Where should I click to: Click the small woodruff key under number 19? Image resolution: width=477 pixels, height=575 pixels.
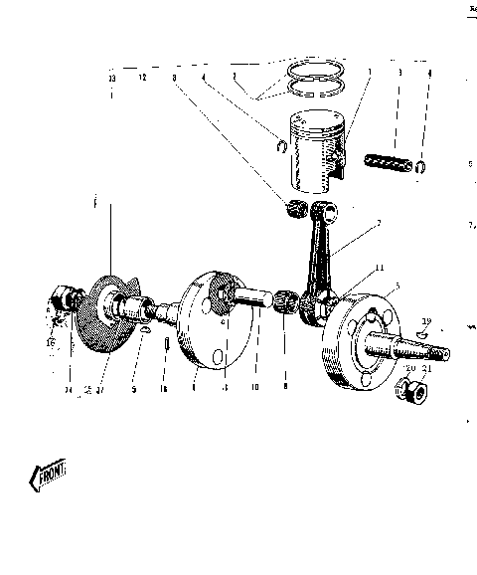418,336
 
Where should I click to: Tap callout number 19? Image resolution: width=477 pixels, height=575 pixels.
425,322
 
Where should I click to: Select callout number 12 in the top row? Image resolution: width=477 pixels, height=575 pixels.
141,77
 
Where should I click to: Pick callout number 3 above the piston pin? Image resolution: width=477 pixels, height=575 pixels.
398,73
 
